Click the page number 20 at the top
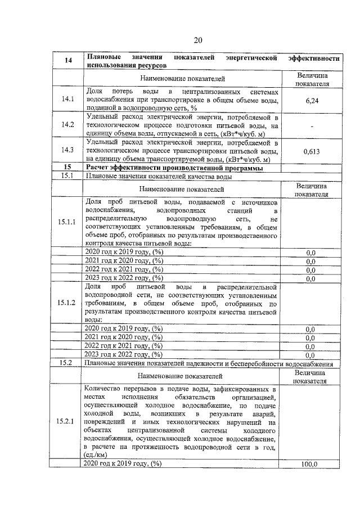[197, 40]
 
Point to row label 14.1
[68, 100]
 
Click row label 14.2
[68, 124]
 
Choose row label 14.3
[68, 150]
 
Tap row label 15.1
[68, 175]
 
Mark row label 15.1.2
[68, 303]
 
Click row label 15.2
[68, 363]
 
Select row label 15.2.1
[68, 422]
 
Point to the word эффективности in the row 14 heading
[313, 58]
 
